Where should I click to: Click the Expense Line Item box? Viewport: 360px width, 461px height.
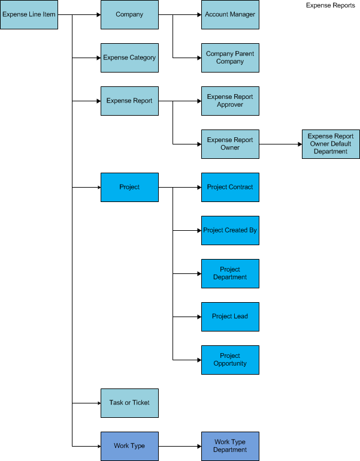pos(29,14)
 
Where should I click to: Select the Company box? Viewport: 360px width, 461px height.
pos(129,14)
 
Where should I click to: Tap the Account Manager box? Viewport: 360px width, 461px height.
pos(230,14)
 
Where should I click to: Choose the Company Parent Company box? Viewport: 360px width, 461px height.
pos(230,58)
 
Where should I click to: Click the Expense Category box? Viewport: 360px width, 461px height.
pos(129,58)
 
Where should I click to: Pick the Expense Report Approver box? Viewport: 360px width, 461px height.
pos(230,101)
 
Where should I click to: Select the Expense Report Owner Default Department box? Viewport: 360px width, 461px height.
pos(331,144)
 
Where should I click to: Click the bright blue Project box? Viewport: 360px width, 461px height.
pos(129,187)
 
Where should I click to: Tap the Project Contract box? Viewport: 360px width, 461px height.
pos(230,187)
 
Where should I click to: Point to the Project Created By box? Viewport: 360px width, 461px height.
pos(230,230)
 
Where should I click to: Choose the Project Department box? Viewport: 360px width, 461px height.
pos(230,273)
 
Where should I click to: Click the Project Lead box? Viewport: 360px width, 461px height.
pos(230,317)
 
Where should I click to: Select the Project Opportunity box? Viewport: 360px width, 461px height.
pos(230,360)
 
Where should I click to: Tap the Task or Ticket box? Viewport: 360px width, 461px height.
pos(129,403)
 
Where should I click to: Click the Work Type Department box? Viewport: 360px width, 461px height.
pos(230,446)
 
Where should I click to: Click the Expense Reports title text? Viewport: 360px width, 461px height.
pos(330,5)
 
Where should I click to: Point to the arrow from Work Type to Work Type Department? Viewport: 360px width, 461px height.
pos(180,446)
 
